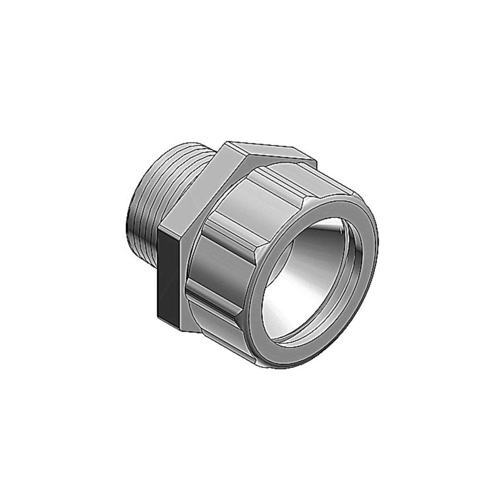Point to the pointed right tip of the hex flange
316,161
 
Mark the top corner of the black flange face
161,231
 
